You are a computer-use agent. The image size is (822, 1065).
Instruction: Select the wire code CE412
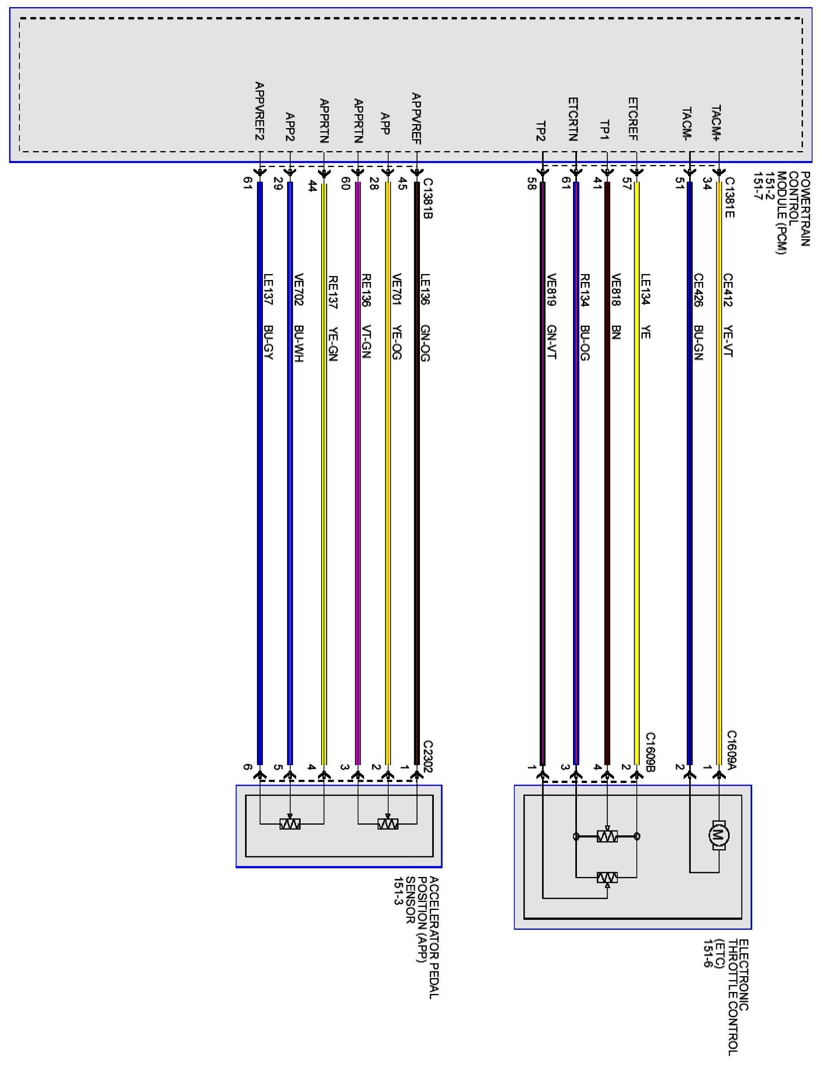point(728,290)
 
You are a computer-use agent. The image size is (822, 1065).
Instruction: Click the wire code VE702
point(299,290)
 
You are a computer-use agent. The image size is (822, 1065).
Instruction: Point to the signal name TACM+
point(716,123)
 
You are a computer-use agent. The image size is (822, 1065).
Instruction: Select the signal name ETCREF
point(633,119)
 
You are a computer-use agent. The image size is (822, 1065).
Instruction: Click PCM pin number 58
point(531,186)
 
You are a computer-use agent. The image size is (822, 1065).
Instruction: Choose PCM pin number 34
point(707,186)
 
